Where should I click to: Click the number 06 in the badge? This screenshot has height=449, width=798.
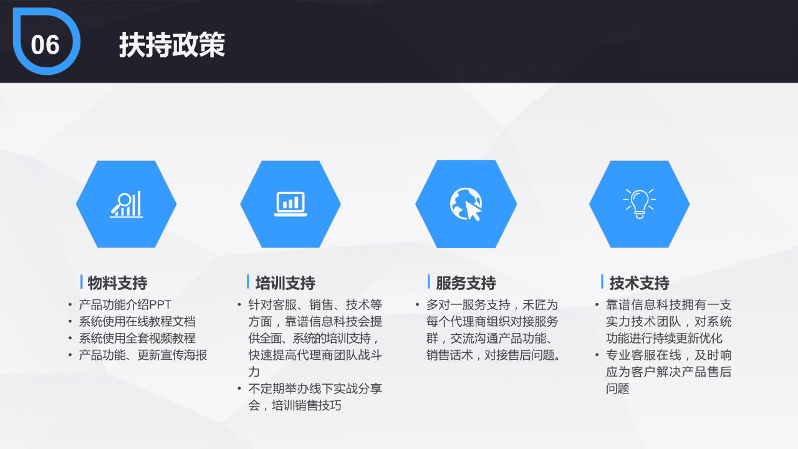[45, 45]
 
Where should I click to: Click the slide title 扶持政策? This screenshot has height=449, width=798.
[172, 46]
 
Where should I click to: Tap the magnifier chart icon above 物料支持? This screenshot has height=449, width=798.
[127, 204]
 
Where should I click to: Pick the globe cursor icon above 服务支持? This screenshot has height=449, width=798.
[466, 204]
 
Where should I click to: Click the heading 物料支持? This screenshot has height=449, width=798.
[117, 283]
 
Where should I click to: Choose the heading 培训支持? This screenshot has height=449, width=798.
[285, 283]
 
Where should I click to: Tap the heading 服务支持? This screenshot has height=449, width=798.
[466, 283]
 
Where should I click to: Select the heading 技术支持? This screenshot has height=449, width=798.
[639, 283]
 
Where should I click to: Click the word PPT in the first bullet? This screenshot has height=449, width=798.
[160, 305]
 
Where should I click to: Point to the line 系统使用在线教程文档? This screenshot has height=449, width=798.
[137, 322]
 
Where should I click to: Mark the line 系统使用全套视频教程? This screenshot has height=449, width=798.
[137, 339]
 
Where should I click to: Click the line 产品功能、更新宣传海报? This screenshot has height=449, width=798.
[143, 355]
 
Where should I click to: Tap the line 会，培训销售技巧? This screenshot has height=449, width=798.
[294, 406]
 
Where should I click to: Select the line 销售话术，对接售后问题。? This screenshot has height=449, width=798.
[493, 355]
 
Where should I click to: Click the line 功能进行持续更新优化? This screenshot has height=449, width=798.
[664, 339]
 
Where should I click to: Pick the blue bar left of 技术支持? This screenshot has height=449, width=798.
[602, 282]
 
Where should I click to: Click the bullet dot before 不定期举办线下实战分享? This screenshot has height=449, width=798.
[239, 389]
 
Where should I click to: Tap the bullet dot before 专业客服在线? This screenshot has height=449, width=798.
[597, 355]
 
